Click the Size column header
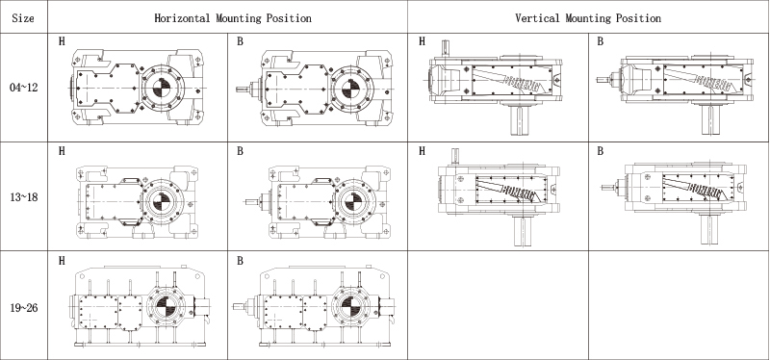(x=23, y=18)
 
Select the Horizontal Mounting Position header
(x=233, y=18)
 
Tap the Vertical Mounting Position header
(x=588, y=18)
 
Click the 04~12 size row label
(x=23, y=88)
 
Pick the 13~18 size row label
(x=23, y=197)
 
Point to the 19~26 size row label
(x=23, y=308)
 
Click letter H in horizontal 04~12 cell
(x=62, y=41)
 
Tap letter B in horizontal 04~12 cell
(x=240, y=41)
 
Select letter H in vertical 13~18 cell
(x=422, y=151)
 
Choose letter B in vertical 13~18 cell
(x=600, y=151)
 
